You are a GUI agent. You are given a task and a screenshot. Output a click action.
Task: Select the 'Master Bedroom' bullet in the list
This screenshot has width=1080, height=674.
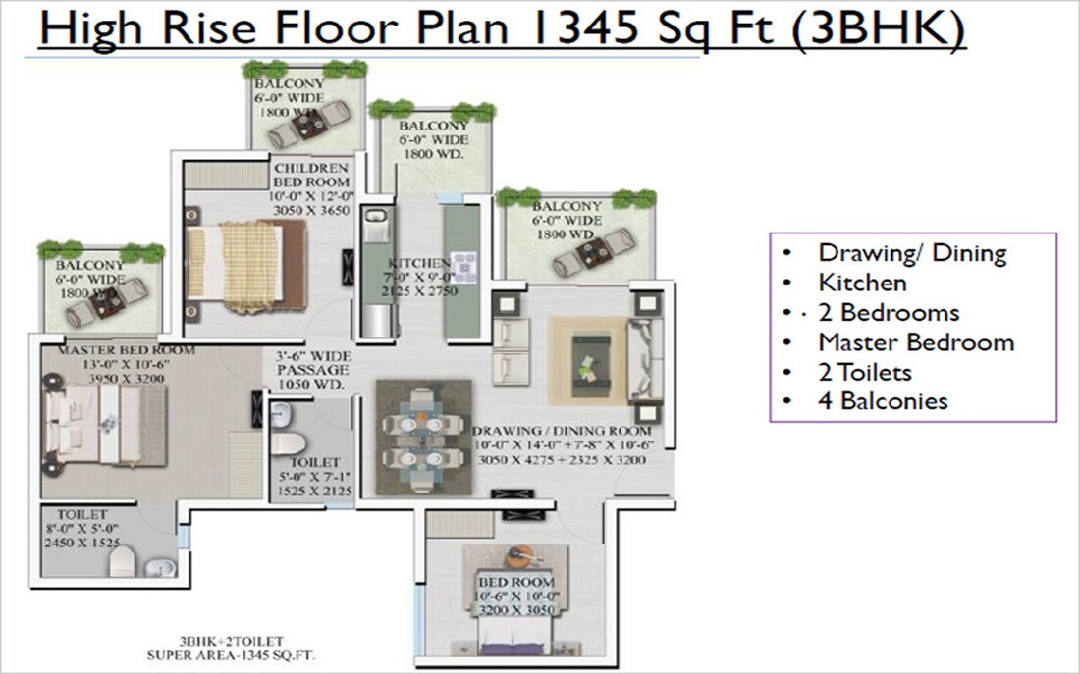[915, 342]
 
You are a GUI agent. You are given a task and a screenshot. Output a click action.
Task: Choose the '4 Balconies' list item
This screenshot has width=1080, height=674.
[883, 400]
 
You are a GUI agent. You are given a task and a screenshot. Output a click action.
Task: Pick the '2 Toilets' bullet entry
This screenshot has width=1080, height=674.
[864, 372]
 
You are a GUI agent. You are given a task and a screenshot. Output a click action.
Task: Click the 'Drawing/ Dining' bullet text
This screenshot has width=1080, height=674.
[912, 253]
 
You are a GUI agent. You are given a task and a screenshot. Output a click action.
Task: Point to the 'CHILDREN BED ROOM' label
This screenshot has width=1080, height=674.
[311, 176]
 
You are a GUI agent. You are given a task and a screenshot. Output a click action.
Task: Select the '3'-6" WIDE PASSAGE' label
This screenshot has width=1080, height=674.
[311, 370]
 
